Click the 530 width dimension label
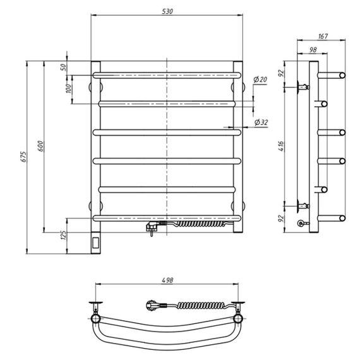[x=167, y=11]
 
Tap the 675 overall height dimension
[x=24, y=157]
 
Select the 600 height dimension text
[x=40, y=146]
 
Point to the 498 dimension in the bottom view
[x=167, y=280]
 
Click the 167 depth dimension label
[x=323, y=36]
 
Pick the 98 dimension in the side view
[x=313, y=50]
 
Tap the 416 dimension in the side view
[x=281, y=146]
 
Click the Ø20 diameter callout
[x=260, y=80]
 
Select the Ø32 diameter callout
[x=261, y=123]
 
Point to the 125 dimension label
[x=63, y=236]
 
